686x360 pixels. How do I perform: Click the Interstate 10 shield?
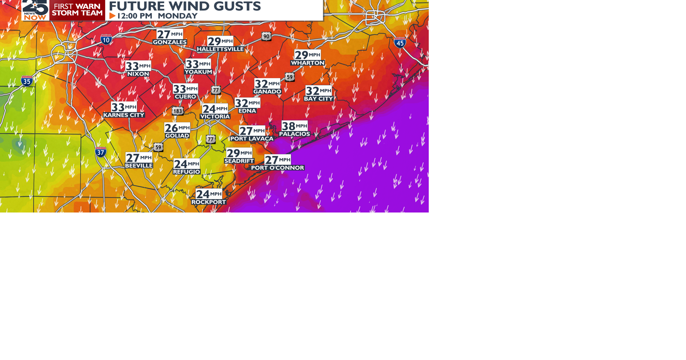click(106, 39)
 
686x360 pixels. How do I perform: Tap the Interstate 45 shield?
click(400, 43)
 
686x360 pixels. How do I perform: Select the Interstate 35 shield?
click(27, 81)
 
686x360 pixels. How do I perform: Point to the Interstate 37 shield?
click(101, 152)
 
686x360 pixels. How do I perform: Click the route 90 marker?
click(266, 36)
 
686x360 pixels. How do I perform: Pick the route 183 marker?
click(178, 111)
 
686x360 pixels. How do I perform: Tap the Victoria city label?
click(215, 117)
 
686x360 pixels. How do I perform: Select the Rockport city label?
click(209, 202)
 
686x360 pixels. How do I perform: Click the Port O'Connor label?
click(278, 168)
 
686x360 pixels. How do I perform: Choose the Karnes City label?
click(124, 115)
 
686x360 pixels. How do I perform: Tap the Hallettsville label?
click(220, 49)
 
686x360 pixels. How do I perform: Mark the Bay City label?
click(318, 99)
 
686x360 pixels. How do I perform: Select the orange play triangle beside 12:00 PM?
click(113, 16)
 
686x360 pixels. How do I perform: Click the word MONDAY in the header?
click(178, 16)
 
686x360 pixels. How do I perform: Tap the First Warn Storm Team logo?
click(77, 10)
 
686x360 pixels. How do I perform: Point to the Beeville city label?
click(139, 166)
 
